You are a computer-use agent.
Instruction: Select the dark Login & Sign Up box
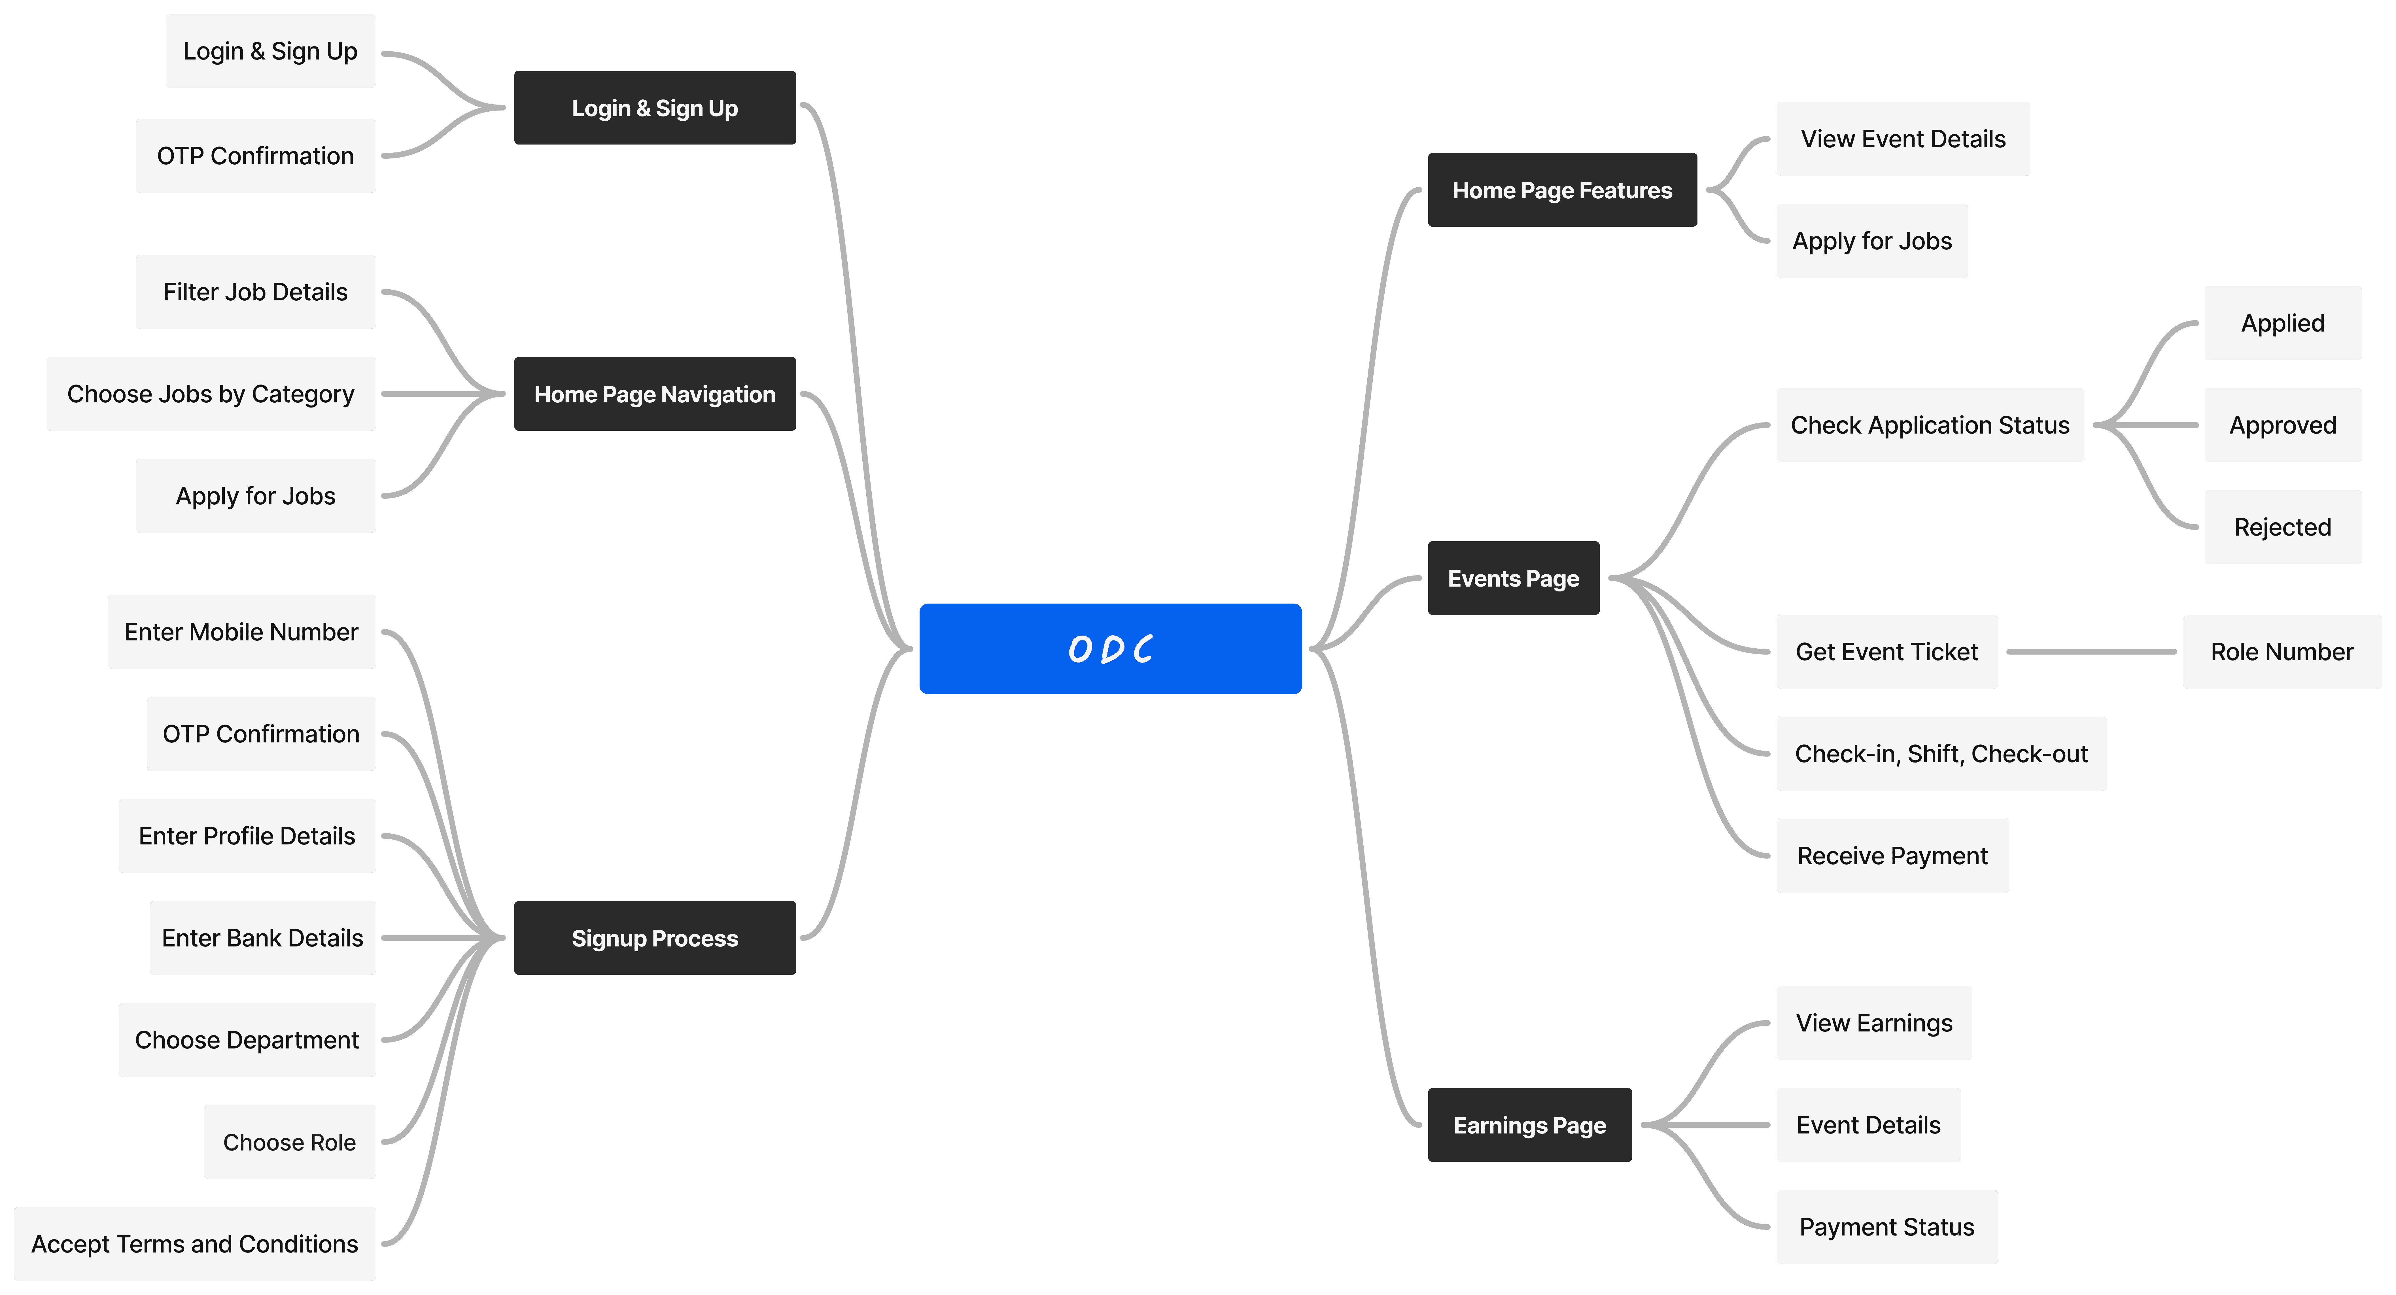click(655, 108)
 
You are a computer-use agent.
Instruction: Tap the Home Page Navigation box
click(655, 394)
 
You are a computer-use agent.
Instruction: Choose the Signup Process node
click(655, 938)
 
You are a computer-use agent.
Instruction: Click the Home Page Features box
click(1563, 190)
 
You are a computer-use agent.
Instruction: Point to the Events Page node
click(1513, 578)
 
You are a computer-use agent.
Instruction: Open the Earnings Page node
click(1530, 1125)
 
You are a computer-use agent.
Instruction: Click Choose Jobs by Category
click(211, 394)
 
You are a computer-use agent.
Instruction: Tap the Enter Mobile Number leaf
click(242, 632)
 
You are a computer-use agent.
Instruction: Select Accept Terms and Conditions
click(195, 1244)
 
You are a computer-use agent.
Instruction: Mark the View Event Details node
click(1903, 139)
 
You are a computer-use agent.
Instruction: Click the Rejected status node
click(2283, 527)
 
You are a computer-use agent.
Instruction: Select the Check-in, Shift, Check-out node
click(1941, 753)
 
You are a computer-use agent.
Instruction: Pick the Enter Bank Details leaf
click(262, 938)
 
